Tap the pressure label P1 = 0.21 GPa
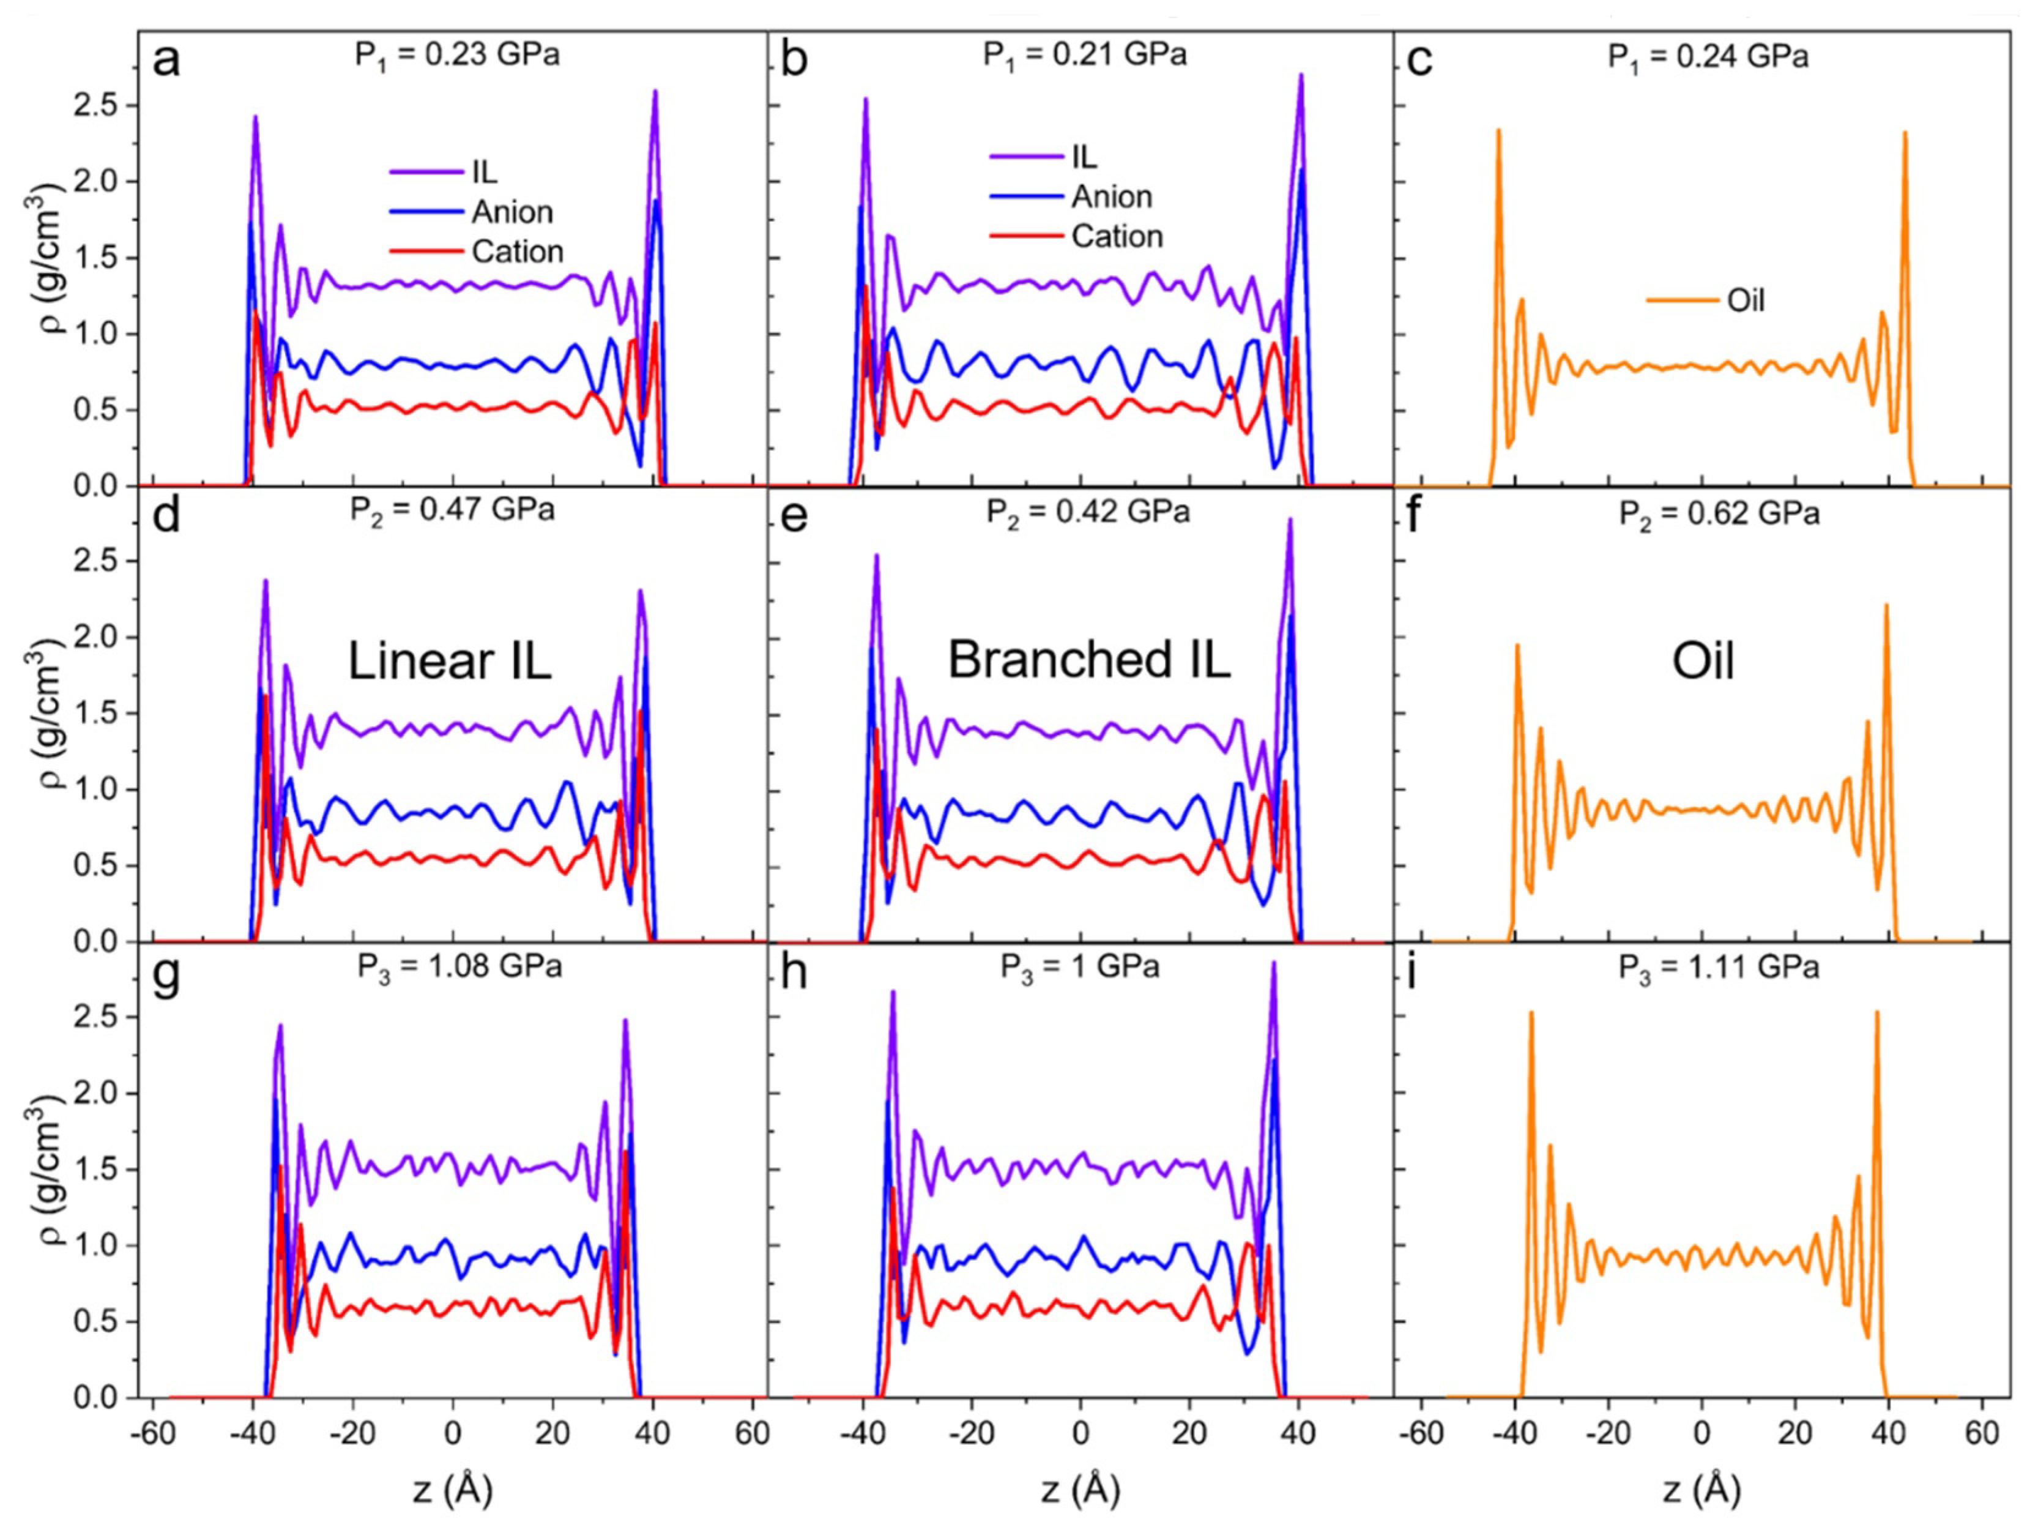coord(1084,55)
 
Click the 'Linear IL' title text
coord(450,661)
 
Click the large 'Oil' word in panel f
coord(1703,662)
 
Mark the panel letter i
coord(1411,973)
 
